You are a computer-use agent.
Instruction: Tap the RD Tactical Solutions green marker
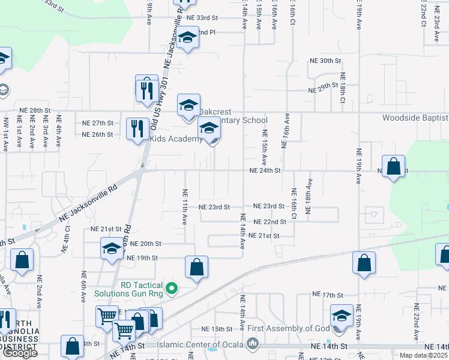coord(172,289)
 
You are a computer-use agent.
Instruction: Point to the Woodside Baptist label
coord(415,118)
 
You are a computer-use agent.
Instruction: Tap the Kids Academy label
coord(176,139)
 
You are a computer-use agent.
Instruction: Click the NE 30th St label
coord(325,61)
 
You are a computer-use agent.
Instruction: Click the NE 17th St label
coord(327,295)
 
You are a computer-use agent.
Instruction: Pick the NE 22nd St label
coord(270,221)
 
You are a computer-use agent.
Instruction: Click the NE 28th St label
coord(35,110)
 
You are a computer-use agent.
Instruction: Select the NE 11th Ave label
coord(184,207)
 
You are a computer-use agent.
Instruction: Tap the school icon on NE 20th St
coord(112,249)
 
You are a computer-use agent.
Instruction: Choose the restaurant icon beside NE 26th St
coord(138,128)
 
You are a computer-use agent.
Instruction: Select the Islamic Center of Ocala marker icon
coord(252,344)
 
